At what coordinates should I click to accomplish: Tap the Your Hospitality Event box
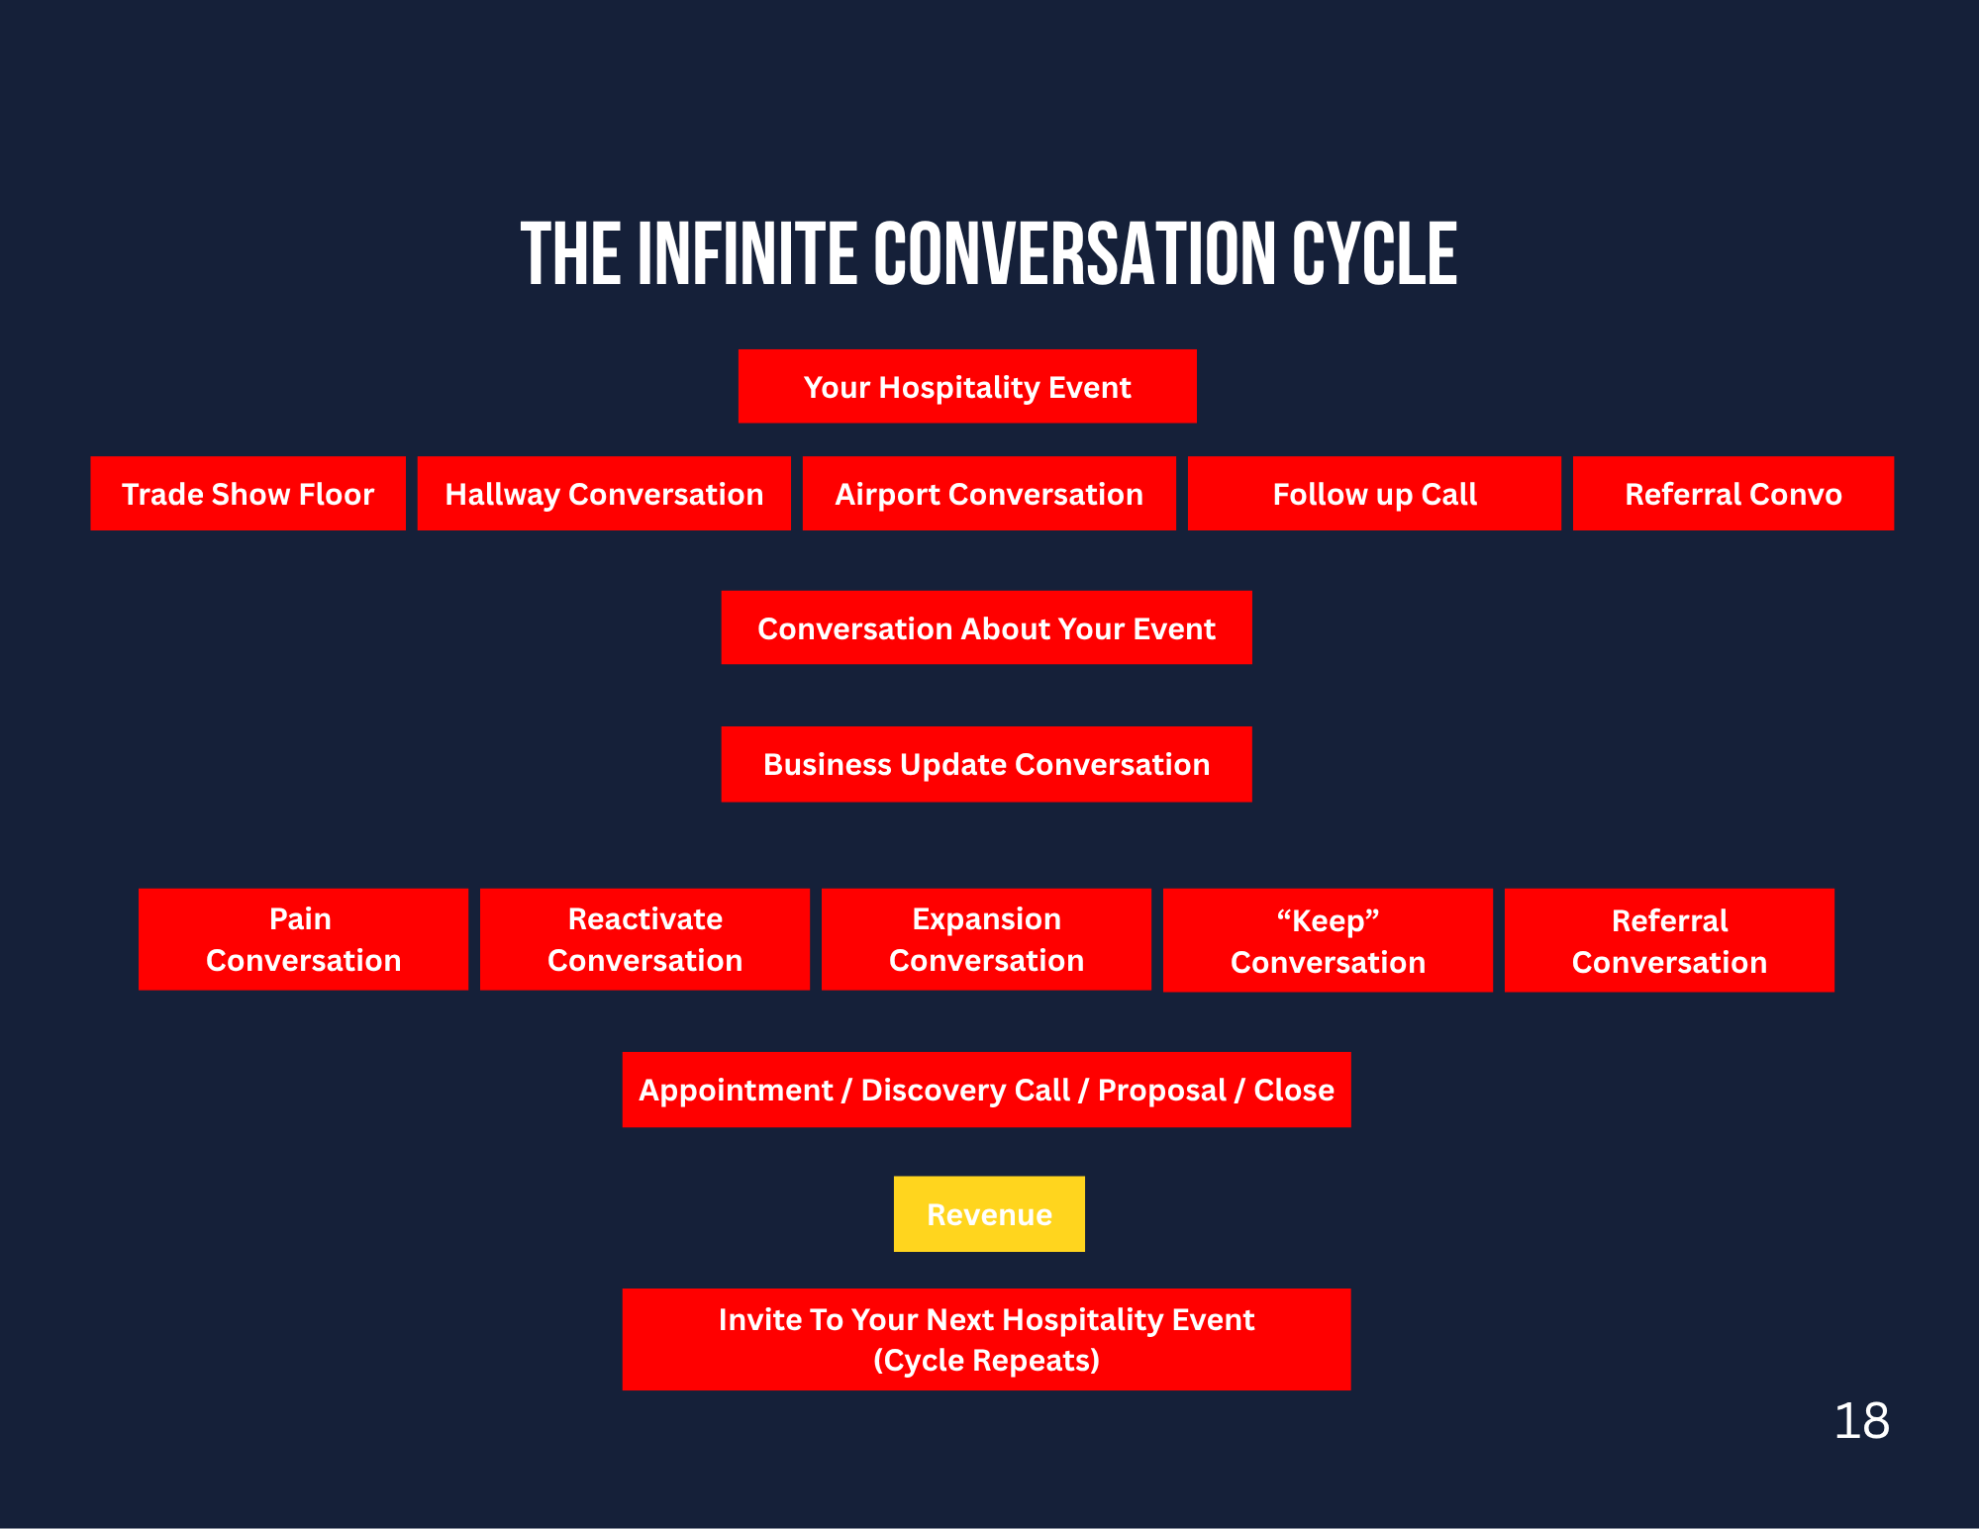pos(967,387)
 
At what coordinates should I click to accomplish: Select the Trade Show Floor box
pos(247,494)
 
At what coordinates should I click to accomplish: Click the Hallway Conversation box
pos(604,494)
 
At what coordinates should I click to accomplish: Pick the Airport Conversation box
pos(989,494)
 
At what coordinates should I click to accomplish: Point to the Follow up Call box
pos(1374,494)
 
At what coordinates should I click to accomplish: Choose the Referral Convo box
pos(1732,494)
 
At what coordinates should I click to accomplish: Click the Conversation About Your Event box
pos(986,628)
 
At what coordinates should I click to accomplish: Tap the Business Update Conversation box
pos(986,764)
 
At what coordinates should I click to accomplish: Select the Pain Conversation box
pos(303,939)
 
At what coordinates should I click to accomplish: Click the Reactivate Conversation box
pos(644,939)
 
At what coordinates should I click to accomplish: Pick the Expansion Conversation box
pos(986,939)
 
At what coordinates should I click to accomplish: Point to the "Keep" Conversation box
pos(1328,940)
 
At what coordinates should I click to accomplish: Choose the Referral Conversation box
pos(1669,940)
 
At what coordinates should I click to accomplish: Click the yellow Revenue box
pos(989,1214)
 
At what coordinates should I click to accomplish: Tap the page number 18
pos(1861,1421)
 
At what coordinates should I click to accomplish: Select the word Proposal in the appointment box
pos(1161,1091)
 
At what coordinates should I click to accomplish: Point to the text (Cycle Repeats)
pos(986,1361)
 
